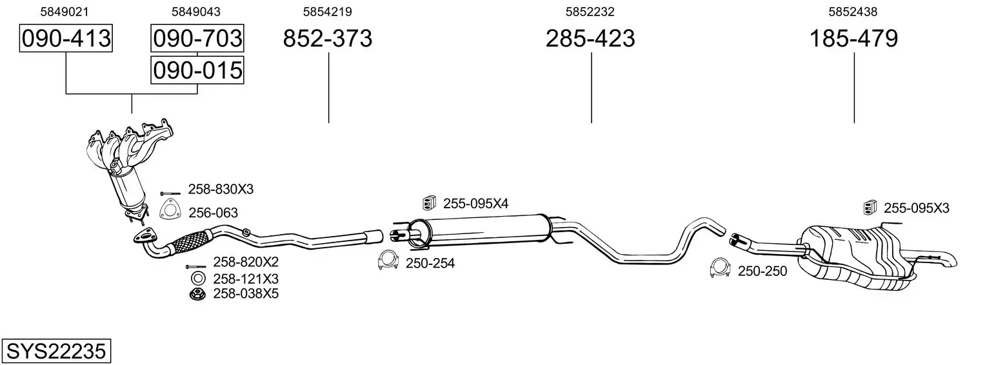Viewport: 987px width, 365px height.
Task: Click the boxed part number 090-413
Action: point(66,38)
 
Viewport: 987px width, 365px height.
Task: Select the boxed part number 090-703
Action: point(197,38)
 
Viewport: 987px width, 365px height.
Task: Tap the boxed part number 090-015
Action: point(197,70)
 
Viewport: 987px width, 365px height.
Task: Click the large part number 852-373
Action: point(327,38)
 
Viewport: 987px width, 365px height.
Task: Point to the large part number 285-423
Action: point(590,38)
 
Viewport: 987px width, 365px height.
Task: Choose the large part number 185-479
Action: point(853,38)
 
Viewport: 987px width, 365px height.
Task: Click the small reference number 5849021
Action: point(65,12)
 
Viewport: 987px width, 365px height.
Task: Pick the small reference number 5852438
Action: point(853,12)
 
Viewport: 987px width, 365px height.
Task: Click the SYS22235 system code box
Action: point(56,351)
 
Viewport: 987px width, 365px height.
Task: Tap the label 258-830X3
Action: point(221,190)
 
